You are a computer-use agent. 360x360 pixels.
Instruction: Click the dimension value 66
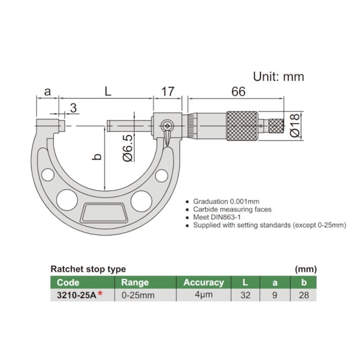238,92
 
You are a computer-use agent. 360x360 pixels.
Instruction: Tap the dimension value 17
168,92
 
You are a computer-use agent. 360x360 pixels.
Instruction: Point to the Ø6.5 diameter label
127,148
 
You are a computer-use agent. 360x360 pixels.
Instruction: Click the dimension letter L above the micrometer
107,92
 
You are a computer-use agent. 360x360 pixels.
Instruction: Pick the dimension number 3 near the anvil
73,107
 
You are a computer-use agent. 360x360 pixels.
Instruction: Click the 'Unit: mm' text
279,76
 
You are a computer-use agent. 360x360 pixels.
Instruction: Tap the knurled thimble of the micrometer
241,126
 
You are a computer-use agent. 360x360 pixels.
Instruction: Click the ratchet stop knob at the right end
277,126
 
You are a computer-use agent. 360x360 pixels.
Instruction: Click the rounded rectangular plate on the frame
104,212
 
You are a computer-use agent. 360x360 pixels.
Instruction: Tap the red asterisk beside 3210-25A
100,294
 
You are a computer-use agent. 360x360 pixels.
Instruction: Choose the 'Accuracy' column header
203,282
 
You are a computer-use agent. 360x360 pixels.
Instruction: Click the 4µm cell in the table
203,295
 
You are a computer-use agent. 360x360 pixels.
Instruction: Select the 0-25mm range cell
138,295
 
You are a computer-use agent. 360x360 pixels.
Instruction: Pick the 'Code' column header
68,282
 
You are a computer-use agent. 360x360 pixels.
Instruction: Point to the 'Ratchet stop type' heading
88,269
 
